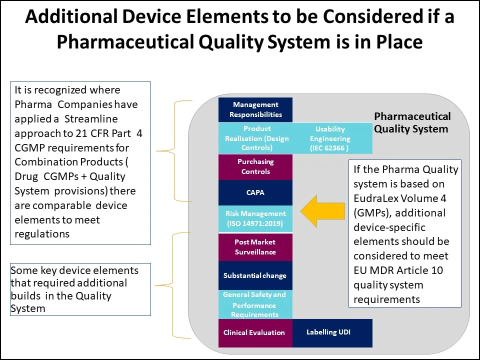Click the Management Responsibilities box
click(255, 109)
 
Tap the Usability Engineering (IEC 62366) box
click(330, 138)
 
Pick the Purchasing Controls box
click(255, 166)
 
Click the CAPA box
click(255, 192)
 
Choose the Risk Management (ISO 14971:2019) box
click(255, 218)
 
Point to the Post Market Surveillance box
click(255, 247)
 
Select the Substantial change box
click(255, 275)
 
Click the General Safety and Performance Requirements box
click(255, 304)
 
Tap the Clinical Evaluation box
click(254, 332)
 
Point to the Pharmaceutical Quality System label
click(412, 122)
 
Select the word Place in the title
click(399, 42)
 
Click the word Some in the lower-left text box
click(23, 270)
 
